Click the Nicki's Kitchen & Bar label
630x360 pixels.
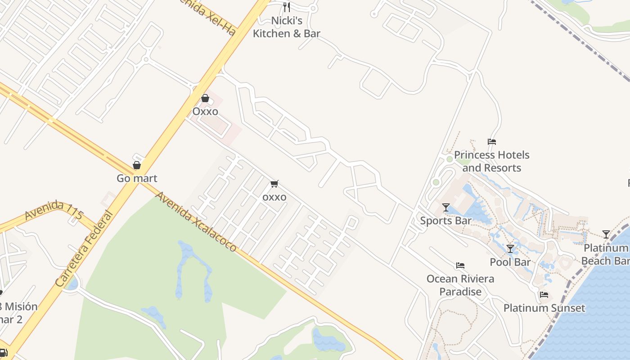286,27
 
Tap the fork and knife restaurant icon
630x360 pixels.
286,7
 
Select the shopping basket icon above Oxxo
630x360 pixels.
205,98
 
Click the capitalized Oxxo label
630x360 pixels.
205,111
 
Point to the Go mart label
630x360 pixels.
137,178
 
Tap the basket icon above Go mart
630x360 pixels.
137,165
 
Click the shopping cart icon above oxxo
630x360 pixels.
274,184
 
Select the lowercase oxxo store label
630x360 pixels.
274,197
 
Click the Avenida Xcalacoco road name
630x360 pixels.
196,221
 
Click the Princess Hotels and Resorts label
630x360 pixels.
491,161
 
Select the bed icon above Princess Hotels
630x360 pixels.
492,142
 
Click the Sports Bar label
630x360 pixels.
445,220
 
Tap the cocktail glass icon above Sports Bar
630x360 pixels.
446,207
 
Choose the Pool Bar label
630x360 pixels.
510,262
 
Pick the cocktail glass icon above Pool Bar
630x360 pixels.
510,249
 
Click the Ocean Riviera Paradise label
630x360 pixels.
460,285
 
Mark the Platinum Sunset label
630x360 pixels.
544,308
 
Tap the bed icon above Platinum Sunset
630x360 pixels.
544,295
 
